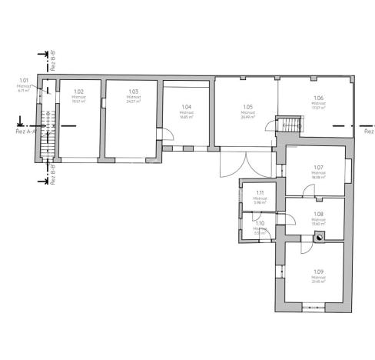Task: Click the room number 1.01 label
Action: click(24, 80)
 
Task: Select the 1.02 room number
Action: click(78, 92)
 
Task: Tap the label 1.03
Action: click(133, 92)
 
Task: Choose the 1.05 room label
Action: click(247, 107)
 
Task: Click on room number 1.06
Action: click(319, 98)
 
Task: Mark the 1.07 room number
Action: click(319, 168)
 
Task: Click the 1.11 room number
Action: click(261, 193)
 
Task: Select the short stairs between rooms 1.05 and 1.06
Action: click(289, 124)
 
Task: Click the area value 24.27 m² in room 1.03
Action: click(133, 102)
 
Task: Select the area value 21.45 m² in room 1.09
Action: click(319, 282)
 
